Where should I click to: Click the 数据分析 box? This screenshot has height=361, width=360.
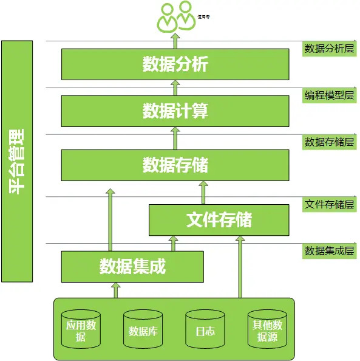click(x=175, y=64)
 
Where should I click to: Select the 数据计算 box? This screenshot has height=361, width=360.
click(x=175, y=111)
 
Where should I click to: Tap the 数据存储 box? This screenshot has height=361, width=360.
click(x=175, y=165)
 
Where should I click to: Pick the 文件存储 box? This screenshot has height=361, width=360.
click(x=219, y=219)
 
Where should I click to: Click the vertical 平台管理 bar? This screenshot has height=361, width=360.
click(x=17, y=161)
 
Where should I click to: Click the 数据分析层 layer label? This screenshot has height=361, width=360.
click(x=329, y=49)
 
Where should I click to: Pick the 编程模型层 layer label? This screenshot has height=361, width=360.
click(x=329, y=95)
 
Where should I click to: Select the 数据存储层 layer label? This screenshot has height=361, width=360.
click(x=329, y=142)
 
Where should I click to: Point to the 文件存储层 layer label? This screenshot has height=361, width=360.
click(x=329, y=204)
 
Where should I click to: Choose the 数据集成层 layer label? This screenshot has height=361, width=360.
click(x=329, y=250)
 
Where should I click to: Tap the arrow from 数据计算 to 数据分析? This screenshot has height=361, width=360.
click(x=175, y=88)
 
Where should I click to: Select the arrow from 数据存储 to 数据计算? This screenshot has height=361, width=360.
click(x=175, y=138)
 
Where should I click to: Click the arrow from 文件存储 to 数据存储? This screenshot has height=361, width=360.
click(x=203, y=192)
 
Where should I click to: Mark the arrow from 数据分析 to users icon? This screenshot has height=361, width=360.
click(x=175, y=41)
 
